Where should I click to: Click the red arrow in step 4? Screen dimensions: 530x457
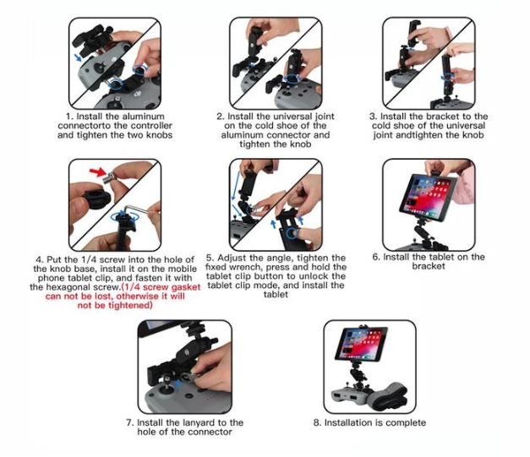point(98,172)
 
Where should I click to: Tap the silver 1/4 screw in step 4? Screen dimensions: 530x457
point(110,177)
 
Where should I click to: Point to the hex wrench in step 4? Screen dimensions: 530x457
point(136,209)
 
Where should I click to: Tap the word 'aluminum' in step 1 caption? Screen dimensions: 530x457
point(144,117)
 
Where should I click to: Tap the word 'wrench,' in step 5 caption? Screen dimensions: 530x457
point(247,267)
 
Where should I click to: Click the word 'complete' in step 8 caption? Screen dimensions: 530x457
point(406,422)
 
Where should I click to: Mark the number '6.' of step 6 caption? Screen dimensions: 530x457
point(376,257)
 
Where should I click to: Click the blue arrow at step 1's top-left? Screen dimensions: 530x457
point(78,57)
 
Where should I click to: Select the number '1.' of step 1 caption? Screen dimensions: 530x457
point(70,117)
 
